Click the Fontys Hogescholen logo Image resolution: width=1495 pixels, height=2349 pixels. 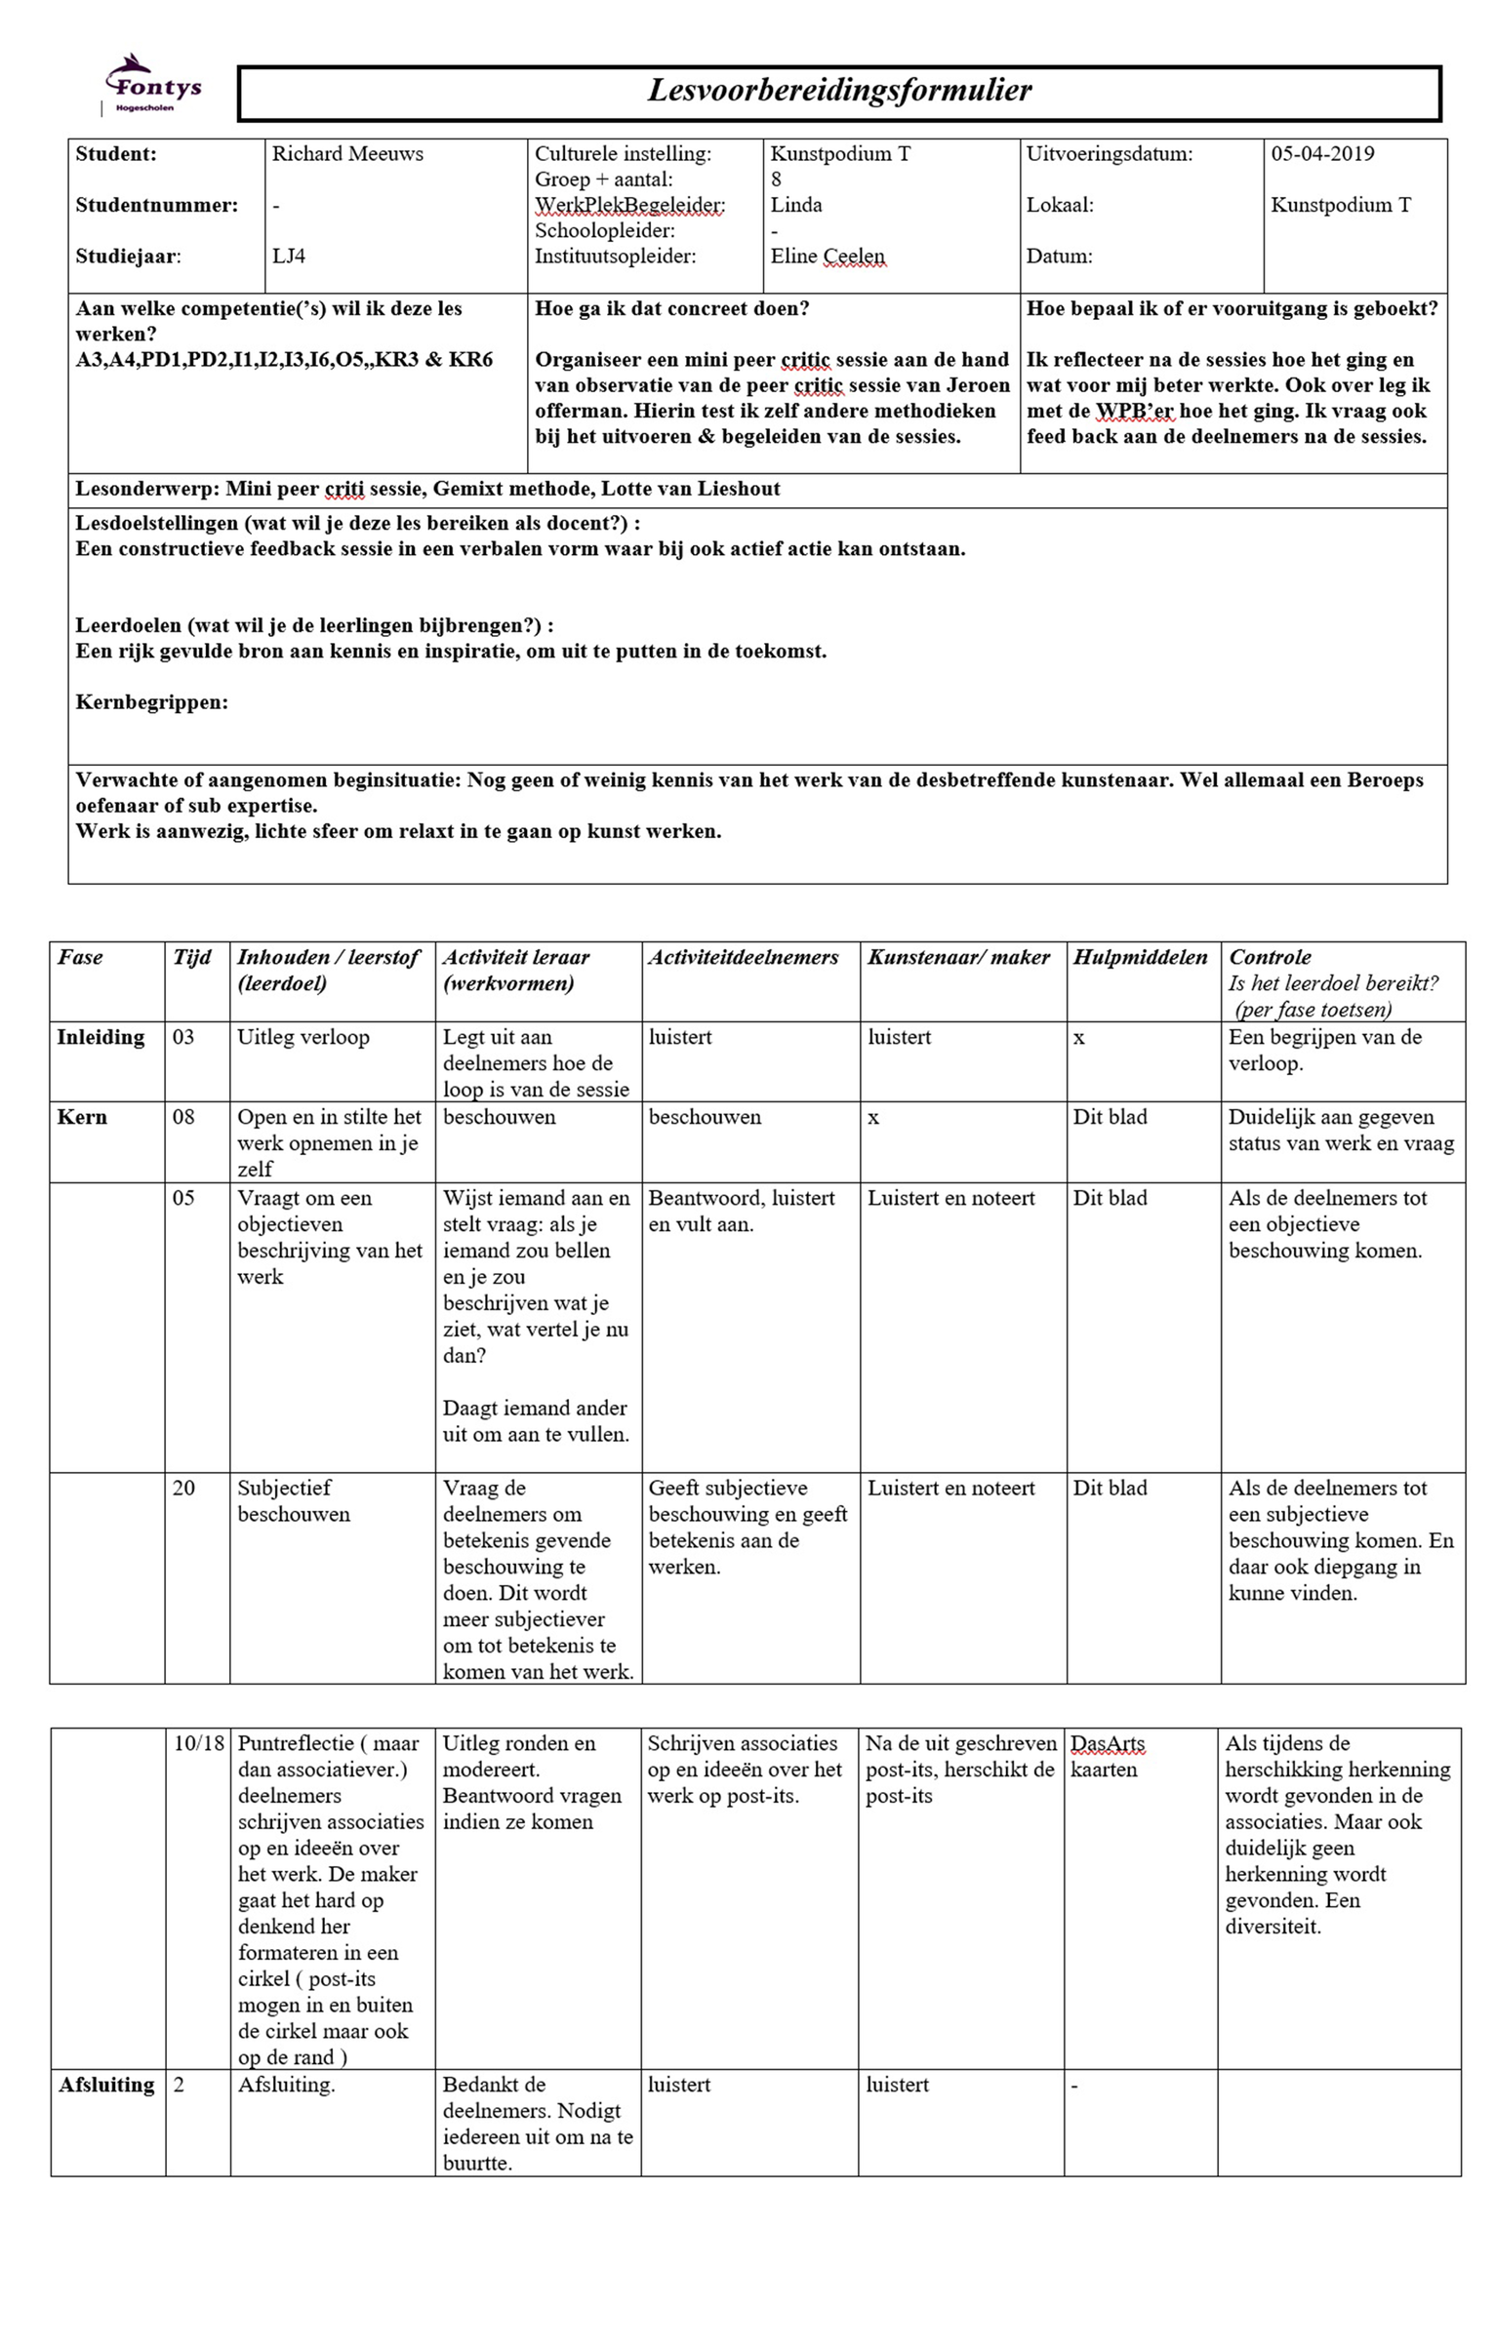[x=152, y=86]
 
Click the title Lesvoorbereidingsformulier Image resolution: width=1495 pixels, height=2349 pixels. [x=839, y=91]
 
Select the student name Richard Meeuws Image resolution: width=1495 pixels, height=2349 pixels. [x=347, y=154]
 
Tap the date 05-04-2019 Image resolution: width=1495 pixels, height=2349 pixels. [x=1322, y=154]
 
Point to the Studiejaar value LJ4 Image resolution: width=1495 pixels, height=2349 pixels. [x=289, y=257]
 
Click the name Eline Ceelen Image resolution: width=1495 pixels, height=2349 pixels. [x=828, y=257]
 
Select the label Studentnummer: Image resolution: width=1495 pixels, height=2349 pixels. [x=156, y=206]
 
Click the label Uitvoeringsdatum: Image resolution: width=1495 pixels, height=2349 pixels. [x=1110, y=154]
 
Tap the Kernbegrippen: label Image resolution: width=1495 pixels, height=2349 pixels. [x=151, y=702]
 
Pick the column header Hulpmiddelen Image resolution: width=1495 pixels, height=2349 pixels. [x=1140, y=957]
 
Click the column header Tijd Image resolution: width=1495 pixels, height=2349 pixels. [x=191, y=957]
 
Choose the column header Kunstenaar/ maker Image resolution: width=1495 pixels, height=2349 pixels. [x=958, y=957]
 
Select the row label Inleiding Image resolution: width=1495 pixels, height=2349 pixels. [x=101, y=1037]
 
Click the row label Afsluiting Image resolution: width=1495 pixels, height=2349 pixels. [x=106, y=2085]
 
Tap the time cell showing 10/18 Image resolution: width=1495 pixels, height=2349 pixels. [x=198, y=1743]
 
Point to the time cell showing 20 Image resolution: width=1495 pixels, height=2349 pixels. [x=183, y=1488]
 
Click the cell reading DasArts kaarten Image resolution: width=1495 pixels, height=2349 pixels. [x=1107, y=1756]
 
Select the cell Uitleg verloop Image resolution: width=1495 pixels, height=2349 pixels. [x=303, y=1037]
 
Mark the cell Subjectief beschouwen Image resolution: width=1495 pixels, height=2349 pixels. [x=294, y=1500]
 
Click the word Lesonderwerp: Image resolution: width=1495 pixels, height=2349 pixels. [x=147, y=489]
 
